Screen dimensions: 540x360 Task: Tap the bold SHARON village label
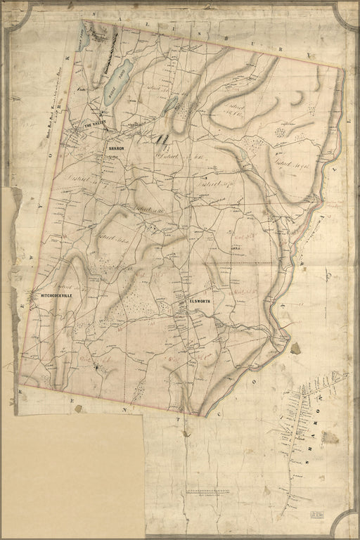coord(116,149)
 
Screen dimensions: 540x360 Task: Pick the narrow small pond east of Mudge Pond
coord(171,105)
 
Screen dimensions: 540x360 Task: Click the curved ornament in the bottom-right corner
coord(345,524)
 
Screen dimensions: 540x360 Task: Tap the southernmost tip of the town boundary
coord(206,416)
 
